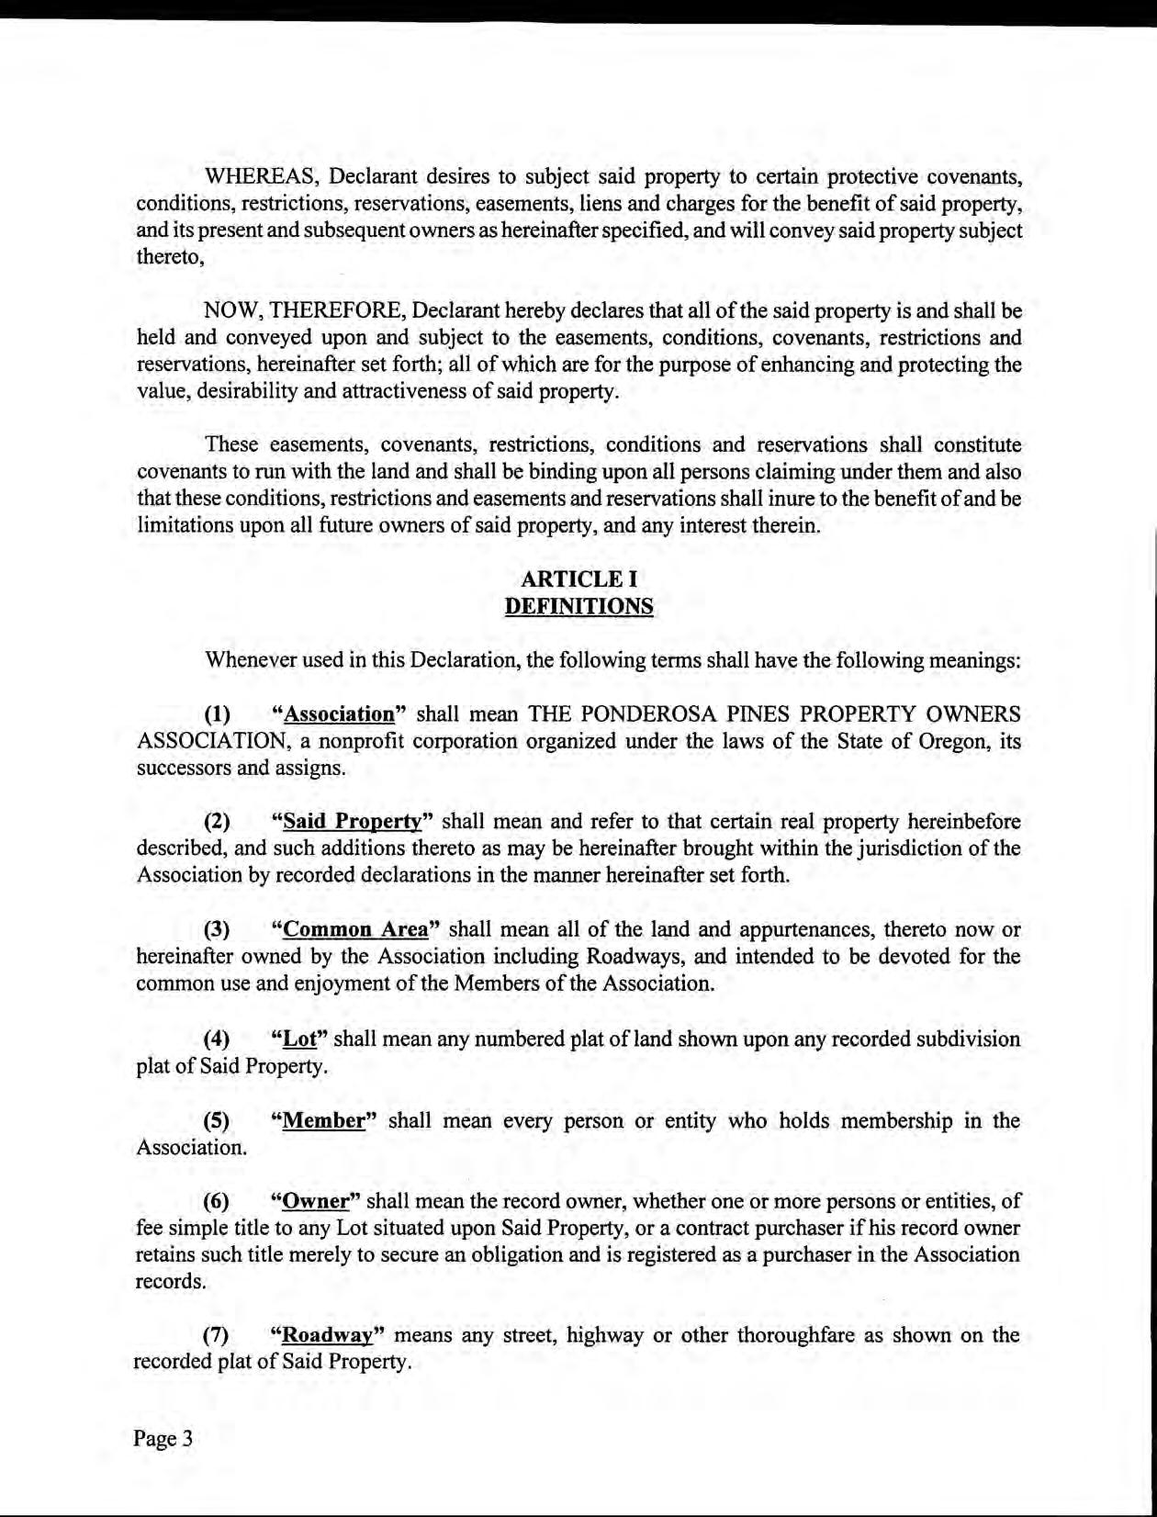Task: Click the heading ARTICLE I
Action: click(x=578, y=579)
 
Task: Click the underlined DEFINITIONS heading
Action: click(x=578, y=606)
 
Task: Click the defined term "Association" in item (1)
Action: click(x=339, y=714)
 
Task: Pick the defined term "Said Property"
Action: click(x=352, y=821)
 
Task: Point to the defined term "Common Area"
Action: click(x=356, y=928)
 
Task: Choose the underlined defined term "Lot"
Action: click(x=299, y=1039)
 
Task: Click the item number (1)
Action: click(x=217, y=714)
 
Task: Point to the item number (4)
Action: click(x=217, y=1039)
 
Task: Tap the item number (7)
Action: click(x=217, y=1335)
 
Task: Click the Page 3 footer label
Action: click(x=163, y=1438)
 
